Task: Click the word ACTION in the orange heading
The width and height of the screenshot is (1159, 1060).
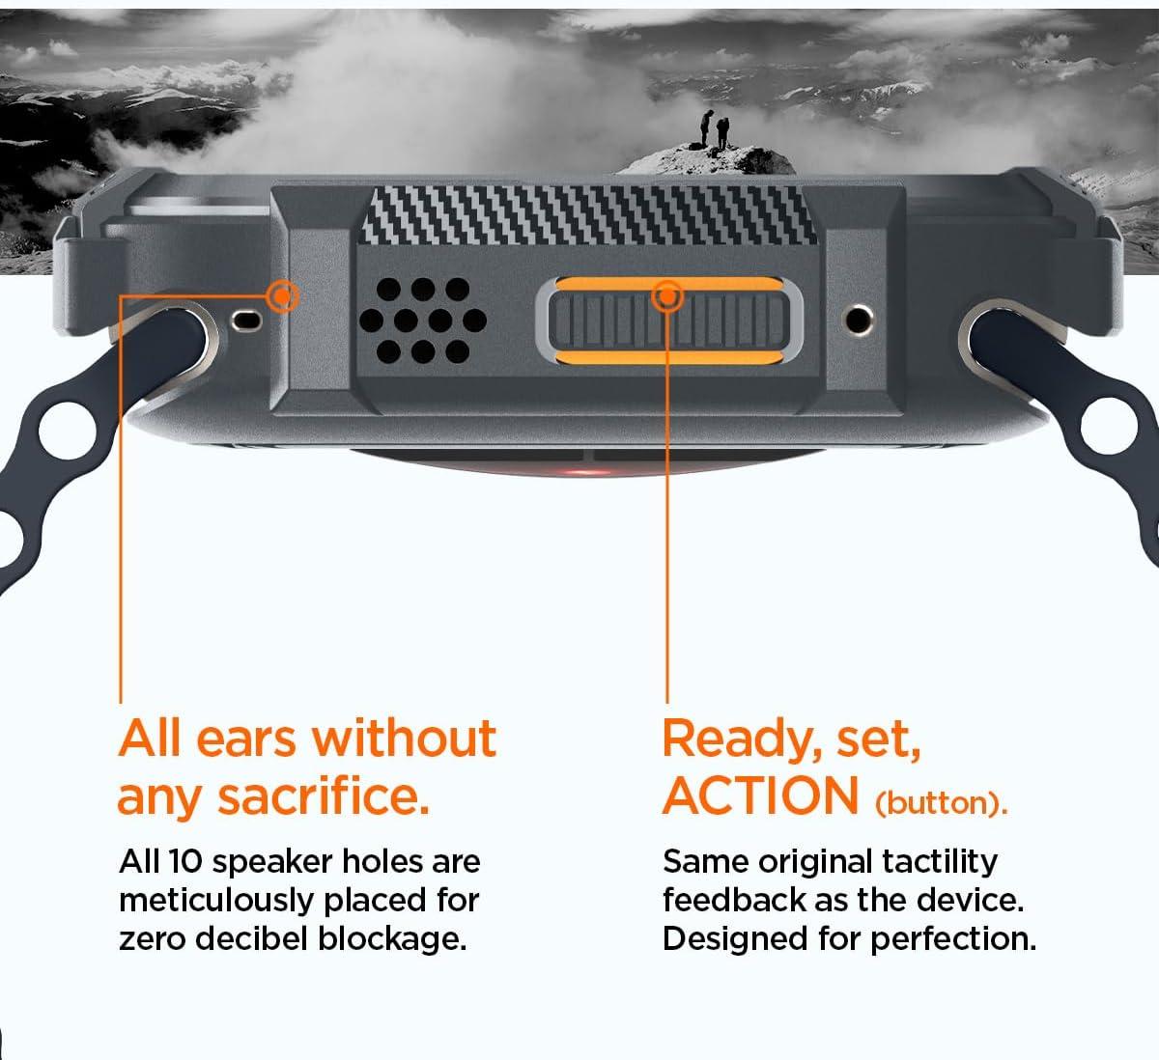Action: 760,796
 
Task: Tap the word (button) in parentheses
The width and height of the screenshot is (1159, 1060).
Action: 941,803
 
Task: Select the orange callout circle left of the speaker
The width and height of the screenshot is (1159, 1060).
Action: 283,297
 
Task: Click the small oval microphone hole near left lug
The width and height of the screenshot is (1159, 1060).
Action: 246,320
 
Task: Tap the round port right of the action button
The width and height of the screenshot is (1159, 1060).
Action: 858,320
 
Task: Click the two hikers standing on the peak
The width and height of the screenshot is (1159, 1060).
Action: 715,130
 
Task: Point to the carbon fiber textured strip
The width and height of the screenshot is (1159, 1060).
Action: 588,215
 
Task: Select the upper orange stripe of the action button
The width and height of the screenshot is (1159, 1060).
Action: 669,283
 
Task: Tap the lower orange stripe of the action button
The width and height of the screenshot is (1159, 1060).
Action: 669,357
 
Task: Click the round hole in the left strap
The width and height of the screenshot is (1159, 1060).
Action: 68,431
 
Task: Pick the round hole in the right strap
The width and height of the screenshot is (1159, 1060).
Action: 1109,426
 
